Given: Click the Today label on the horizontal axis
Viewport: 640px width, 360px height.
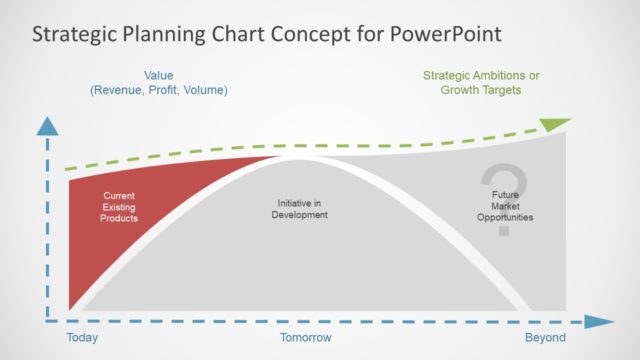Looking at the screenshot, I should point(82,338).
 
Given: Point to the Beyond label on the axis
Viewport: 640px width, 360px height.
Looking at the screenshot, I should point(545,338).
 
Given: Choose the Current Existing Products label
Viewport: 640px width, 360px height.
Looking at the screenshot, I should point(119,206).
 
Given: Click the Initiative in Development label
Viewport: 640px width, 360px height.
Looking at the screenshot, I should point(301,209).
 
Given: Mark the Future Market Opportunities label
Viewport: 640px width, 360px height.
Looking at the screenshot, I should point(504,206).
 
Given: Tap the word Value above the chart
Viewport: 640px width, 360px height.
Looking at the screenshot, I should point(159,75).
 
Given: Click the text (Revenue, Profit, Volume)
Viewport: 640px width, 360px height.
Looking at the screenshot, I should point(159,90).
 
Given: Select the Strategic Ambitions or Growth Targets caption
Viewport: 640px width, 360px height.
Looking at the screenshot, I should point(480,82).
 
